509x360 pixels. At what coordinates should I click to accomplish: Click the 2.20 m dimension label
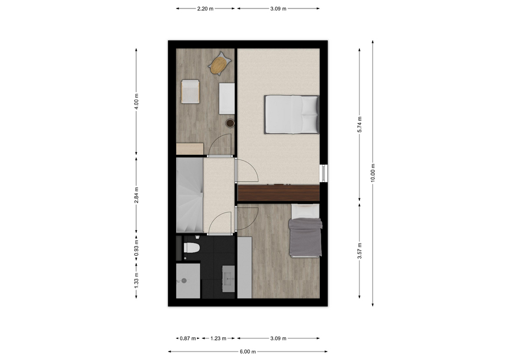pyautogui.click(x=205, y=9)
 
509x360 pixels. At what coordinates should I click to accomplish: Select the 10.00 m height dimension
pyautogui.click(x=373, y=173)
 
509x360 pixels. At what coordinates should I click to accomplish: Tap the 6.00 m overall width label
pyautogui.click(x=248, y=352)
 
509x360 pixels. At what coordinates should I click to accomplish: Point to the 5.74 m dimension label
pyautogui.click(x=359, y=124)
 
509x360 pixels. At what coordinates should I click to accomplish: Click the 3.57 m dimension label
pyautogui.click(x=359, y=251)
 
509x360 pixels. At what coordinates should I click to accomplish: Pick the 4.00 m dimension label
pyautogui.click(x=136, y=102)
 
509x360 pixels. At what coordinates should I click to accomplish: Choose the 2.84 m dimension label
pyautogui.click(x=136, y=195)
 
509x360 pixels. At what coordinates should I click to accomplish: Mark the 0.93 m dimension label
pyautogui.click(x=136, y=248)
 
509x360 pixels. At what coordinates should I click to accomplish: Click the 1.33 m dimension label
pyautogui.click(x=136, y=279)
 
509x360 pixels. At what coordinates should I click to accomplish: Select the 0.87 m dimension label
pyautogui.click(x=188, y=338)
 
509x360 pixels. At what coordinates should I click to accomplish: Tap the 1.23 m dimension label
pyautogui.click(x=218, y=338)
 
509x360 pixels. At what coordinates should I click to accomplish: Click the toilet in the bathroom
pyautogui.click(x=191, y=248)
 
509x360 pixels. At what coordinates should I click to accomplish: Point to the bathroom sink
pyautogui.click(x=229, y=279)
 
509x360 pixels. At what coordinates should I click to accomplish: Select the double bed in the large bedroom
pyautogui.click(x=292, y=115)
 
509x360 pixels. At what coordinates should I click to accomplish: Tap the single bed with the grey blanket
pyautogui.click(x=306, y=231)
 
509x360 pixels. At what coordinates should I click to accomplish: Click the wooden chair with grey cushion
pyautogui.click(x=220, y=64)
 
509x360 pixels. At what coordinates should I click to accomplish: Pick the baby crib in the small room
pyautogui.click(x=190, y=92)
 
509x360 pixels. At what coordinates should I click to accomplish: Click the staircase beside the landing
pyautogui.click(x=190, y=195)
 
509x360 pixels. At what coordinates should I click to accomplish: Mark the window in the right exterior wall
pyautogui.click(x=323, y=173)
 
